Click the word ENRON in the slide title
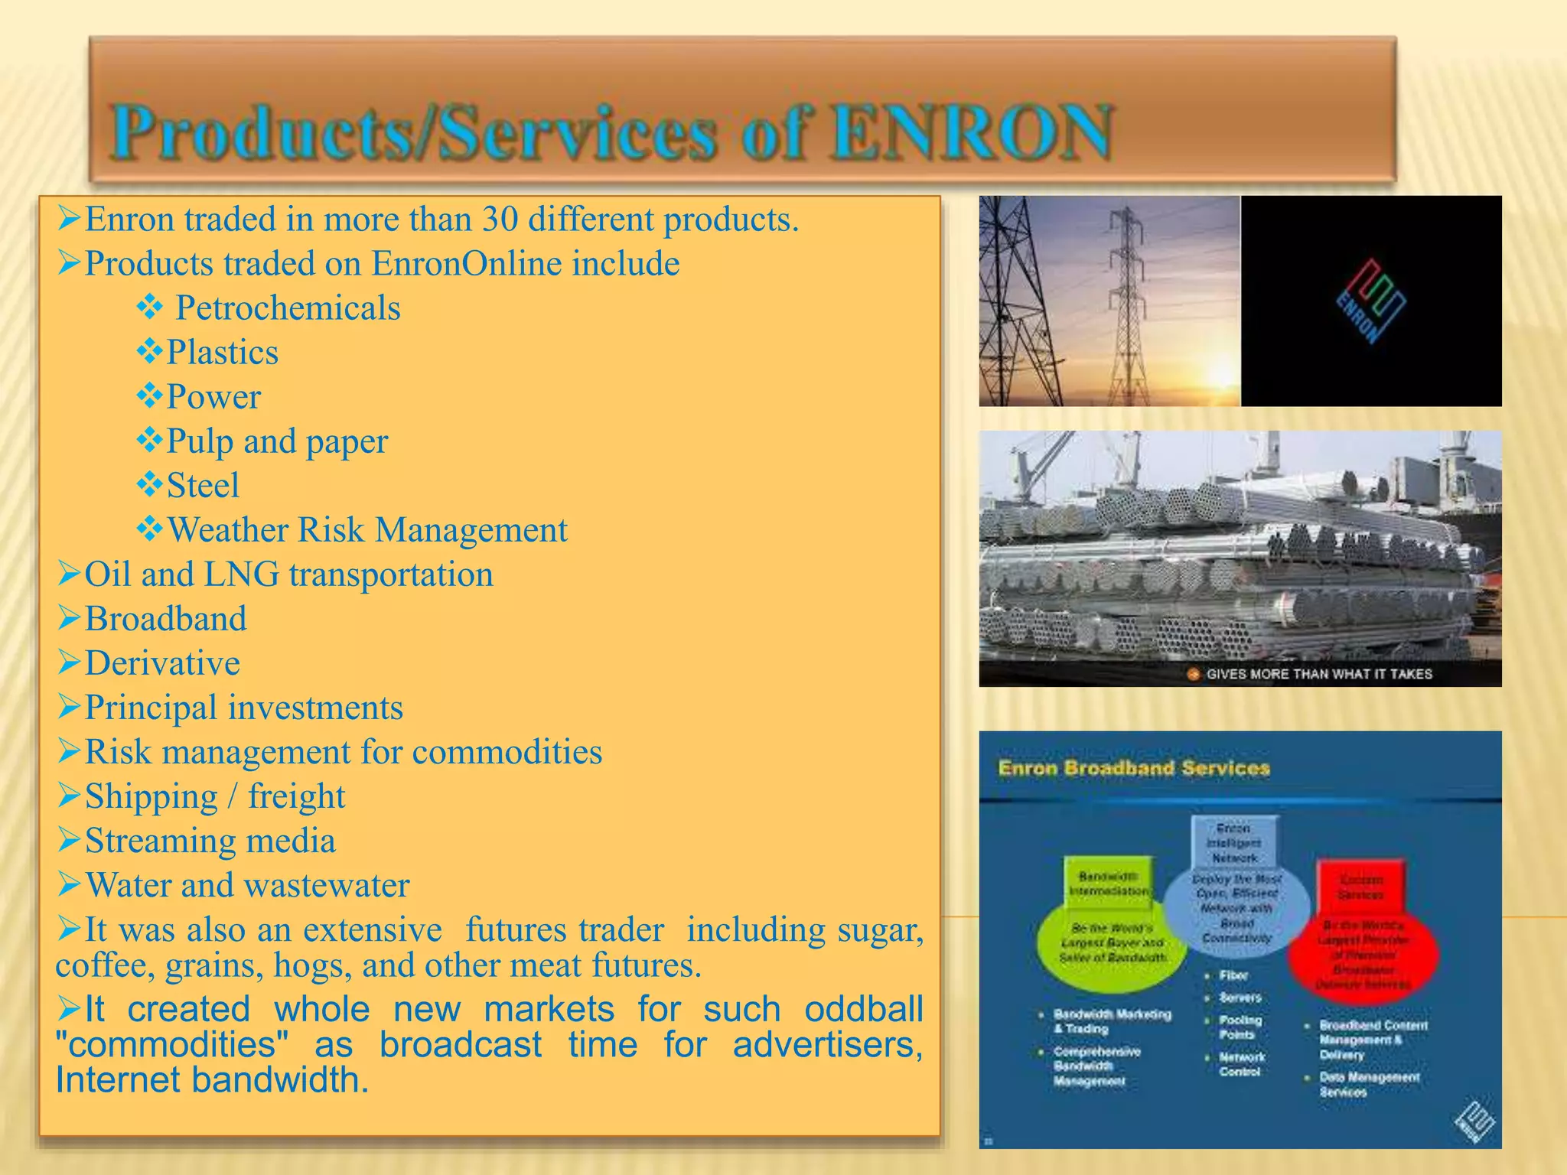point(972,133)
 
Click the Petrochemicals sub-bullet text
point(288,308)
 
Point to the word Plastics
point(222,353)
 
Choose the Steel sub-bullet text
point(203,486)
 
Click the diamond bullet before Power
point(149,396)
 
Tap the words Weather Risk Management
point(367,530)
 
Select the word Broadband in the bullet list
point(165,619)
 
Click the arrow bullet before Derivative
point(68,662)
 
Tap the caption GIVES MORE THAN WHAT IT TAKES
point(1318,674)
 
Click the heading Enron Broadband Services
point(1133,768)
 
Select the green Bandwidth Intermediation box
point(1109,884)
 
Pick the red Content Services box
point(1360,887)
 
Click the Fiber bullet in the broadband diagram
point(1233,975)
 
